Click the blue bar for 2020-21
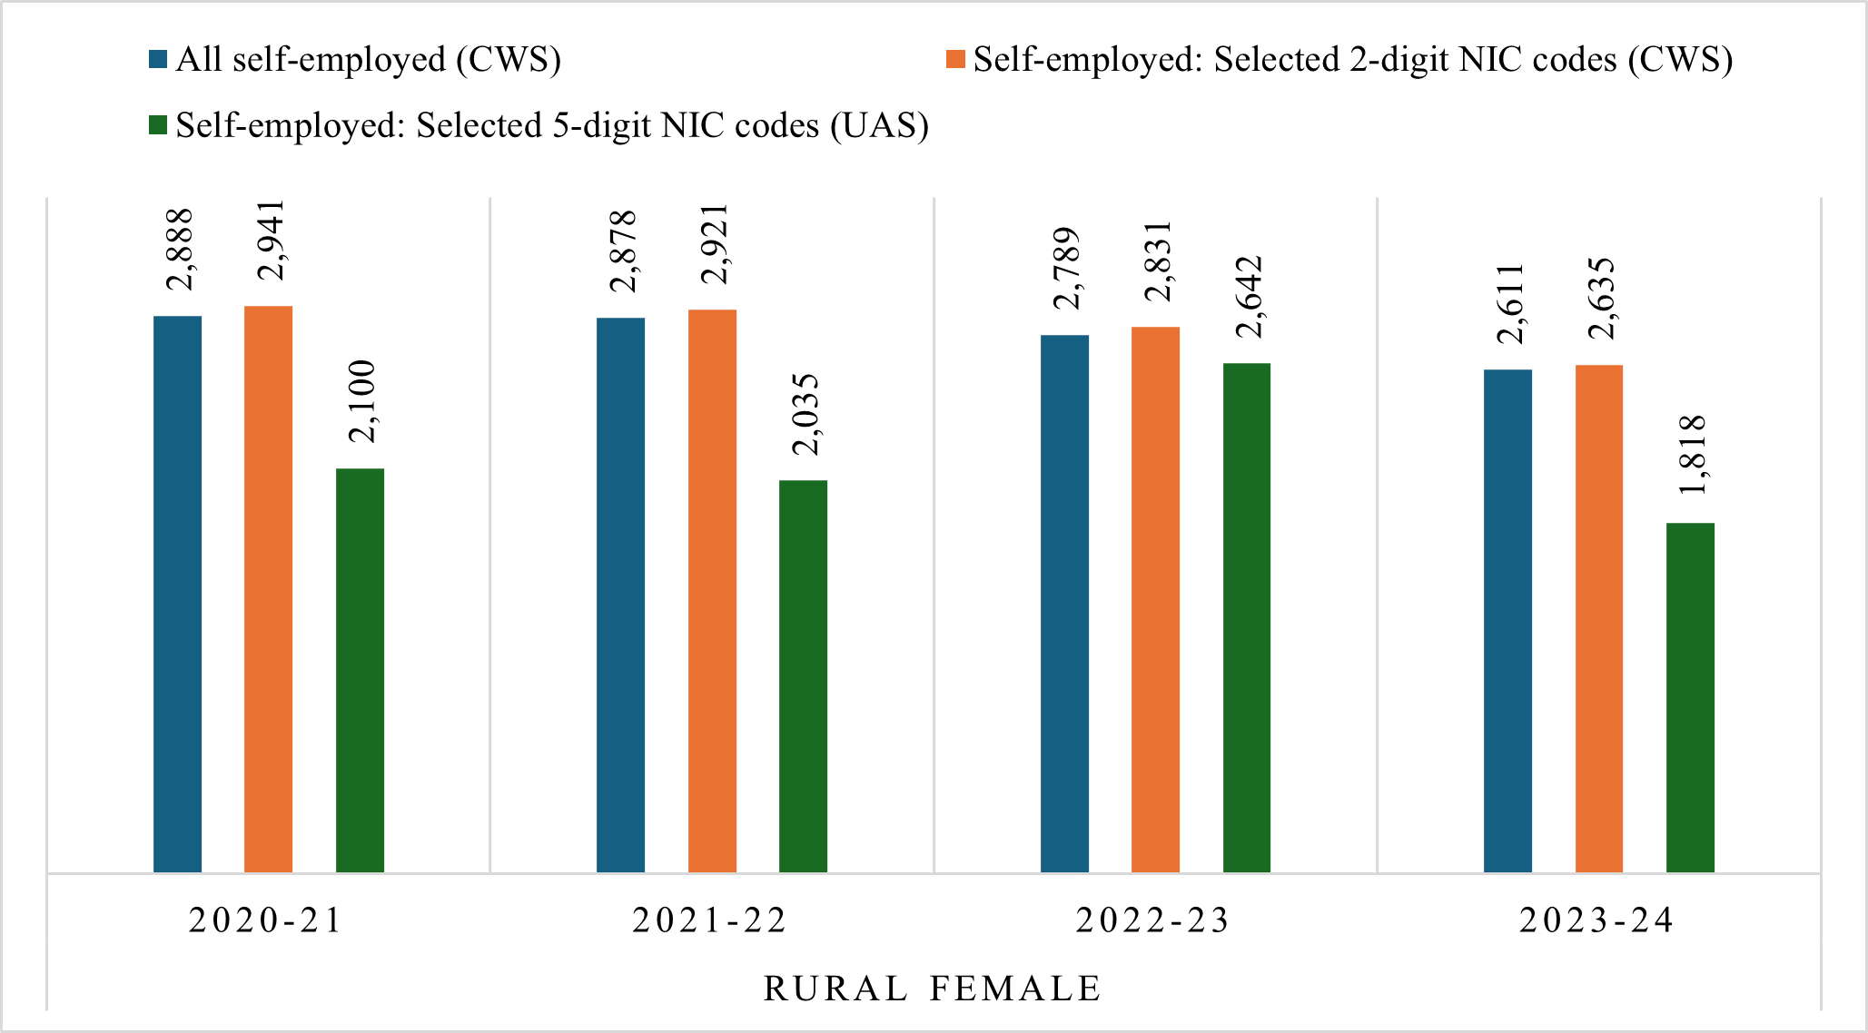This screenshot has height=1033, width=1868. coord(178,595)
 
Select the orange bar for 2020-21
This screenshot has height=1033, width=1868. coord(269,589)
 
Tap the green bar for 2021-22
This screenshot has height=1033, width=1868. coord(804,676)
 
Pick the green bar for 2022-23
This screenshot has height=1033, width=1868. coord(1247,617)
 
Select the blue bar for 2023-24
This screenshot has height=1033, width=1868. coord(1508,621)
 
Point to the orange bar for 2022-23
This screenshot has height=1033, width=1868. coord(1156,599)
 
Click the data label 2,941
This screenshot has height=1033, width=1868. coord(271,241)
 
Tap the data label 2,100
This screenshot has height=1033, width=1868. coord(361,401)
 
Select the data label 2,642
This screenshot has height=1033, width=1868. coord(1249,297)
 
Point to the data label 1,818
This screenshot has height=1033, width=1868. coord(1693,455)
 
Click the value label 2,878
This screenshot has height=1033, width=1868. coord(623,251)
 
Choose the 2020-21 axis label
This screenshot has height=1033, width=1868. coord(265,920)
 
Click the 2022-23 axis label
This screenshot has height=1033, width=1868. coord(1152,920)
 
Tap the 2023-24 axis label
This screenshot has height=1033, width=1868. coord(1596,920)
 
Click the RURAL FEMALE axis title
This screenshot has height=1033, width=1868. coord(934,989)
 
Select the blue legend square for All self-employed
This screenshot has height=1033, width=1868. coord(159,60)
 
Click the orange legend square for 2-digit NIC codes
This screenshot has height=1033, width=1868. coord(955,60)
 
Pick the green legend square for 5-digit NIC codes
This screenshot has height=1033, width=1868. coord(159,125)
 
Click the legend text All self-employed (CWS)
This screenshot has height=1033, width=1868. coord(369,60)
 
